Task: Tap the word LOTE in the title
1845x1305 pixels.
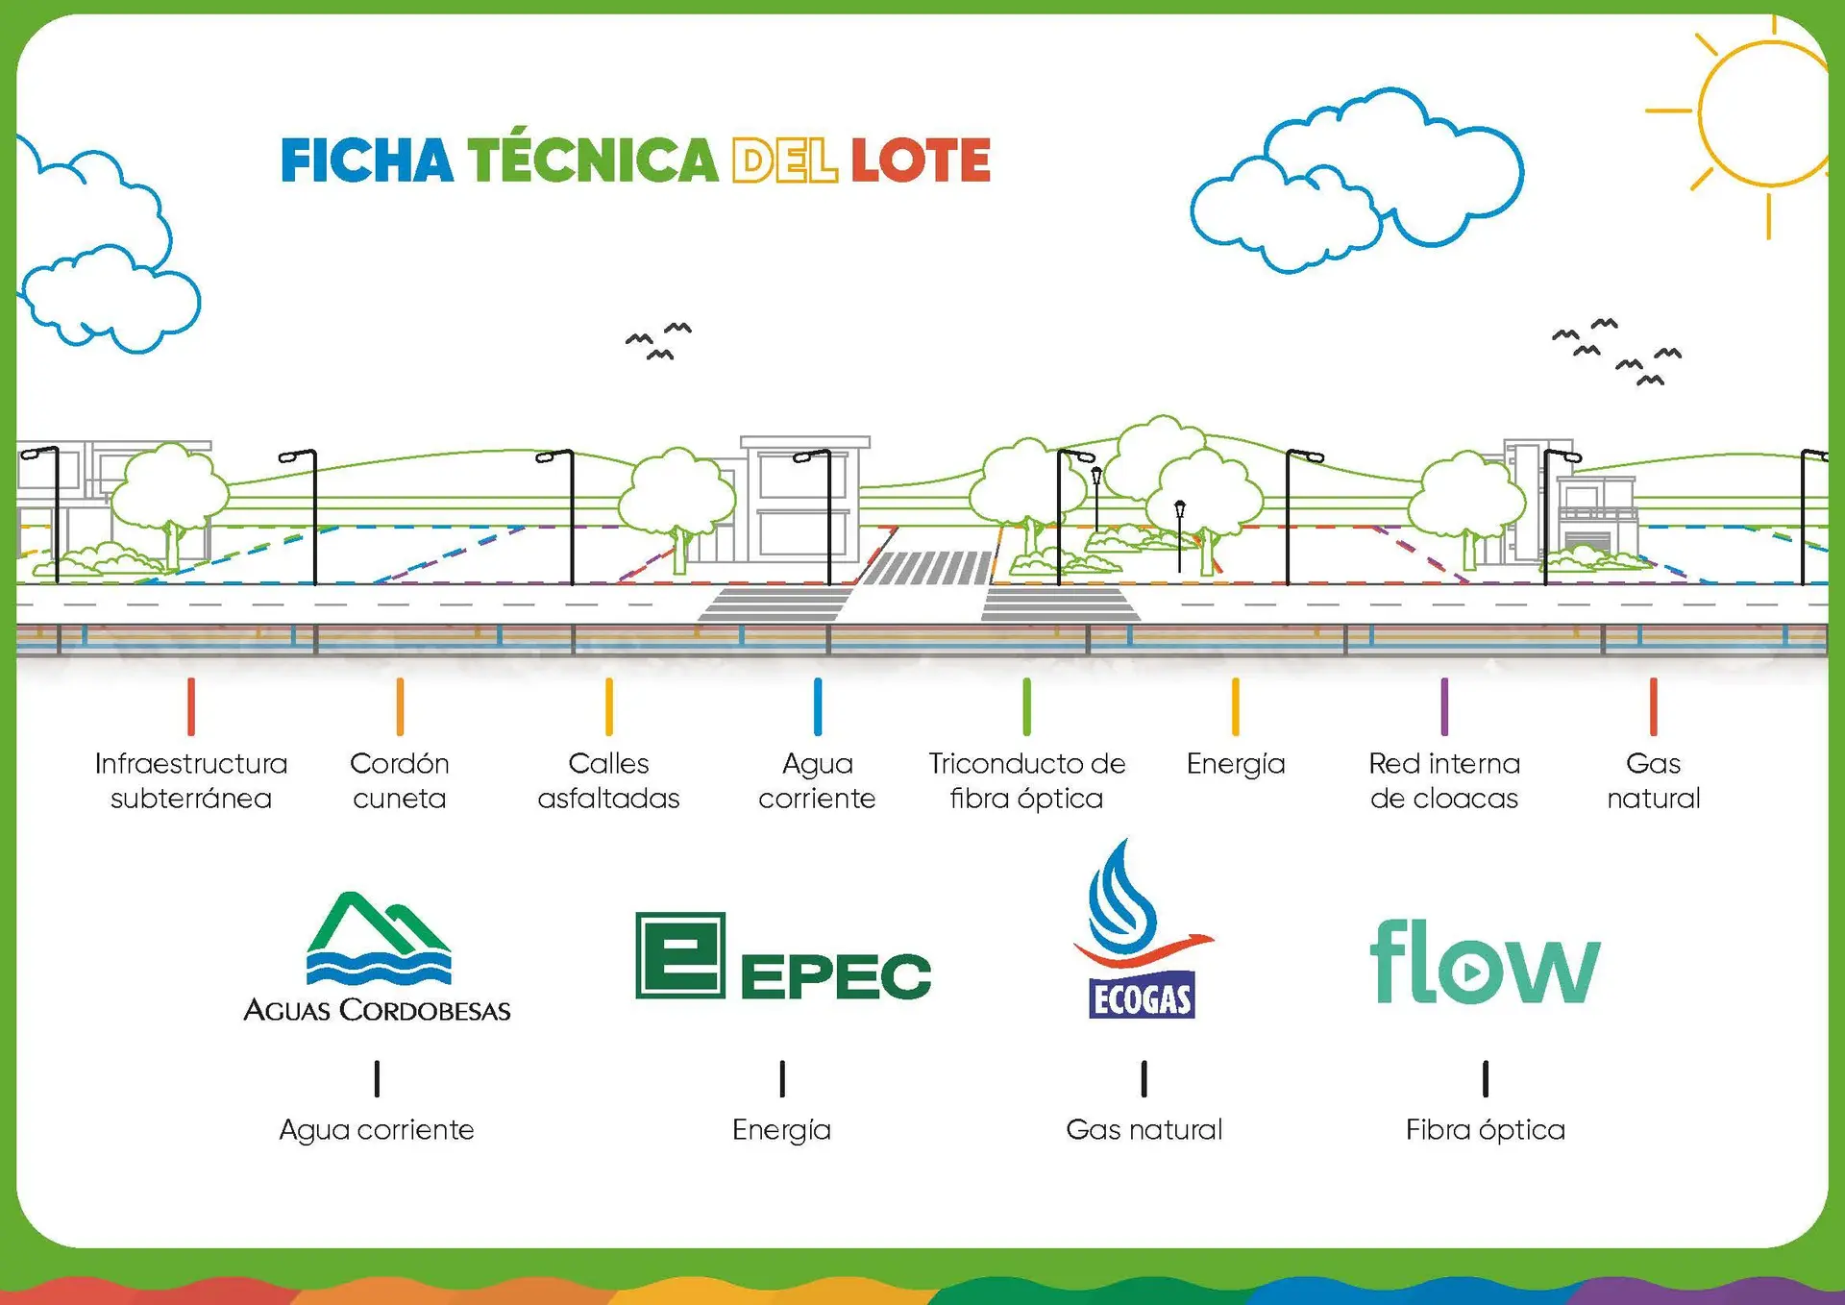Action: click(x=921, y=160)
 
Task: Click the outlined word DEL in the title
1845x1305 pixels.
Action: click(x=784, y=160)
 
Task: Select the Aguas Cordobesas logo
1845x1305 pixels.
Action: click(x=377, y=957)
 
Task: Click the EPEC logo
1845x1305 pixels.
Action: click(x=783, y=956)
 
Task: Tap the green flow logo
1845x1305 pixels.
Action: click(x=1485, y=961)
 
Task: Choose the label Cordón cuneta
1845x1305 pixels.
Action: click(x=400, y=780)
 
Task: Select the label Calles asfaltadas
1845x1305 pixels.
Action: click(x=608, y=780)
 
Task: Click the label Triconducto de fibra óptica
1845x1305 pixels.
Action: click(x=1026, y=780)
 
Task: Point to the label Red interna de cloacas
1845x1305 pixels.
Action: click(x=1444, y=780)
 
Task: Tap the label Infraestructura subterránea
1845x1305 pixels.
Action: click(x=191, y=780)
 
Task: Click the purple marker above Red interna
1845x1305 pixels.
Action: click(x=1444, y=706)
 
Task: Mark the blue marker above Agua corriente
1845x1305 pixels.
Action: click(x=818, y=706)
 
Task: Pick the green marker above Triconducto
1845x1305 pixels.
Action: click(x=1026, y=706)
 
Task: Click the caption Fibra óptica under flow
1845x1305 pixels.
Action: click(x=1485, y=1130)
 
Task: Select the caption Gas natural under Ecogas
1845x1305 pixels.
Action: click(x=1144, y=1129)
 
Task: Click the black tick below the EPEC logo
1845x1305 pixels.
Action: click(x=782, y=1078)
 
